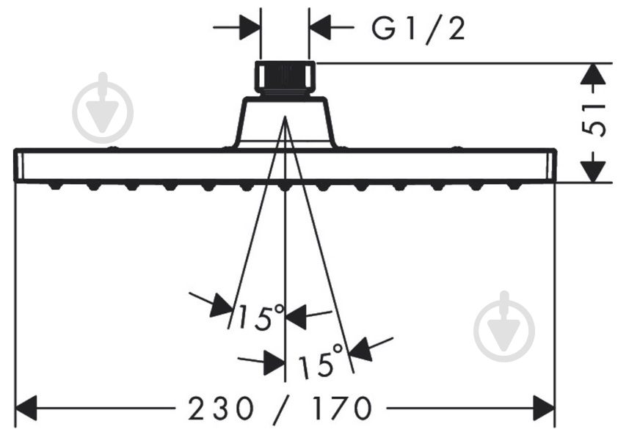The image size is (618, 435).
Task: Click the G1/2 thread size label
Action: [418, 29]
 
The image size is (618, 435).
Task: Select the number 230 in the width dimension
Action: [221, 408]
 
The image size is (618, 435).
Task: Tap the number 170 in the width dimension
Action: [341, 408]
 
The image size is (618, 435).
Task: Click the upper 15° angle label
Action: [260, 316]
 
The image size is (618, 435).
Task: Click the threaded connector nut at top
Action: [285, 78]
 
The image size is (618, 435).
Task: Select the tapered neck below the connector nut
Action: [285, 123]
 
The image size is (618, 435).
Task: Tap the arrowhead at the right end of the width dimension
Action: [544, 408]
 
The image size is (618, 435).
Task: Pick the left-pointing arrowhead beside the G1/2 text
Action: [319, 28]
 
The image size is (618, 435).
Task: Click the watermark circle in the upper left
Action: [103, 112]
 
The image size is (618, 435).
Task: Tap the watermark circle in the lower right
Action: [504, 332]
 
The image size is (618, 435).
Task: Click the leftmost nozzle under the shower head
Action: [56, 186]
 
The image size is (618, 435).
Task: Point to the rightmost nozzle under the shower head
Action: [514, 186]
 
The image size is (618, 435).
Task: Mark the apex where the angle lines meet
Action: [285, 117]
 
